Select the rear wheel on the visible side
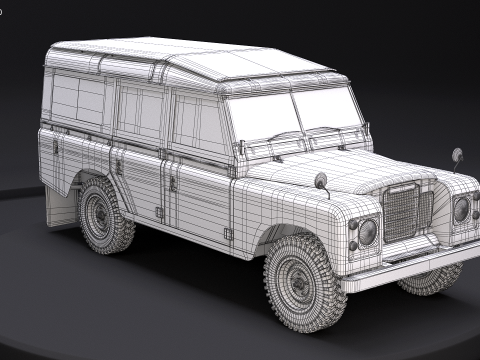[x=105, y=215]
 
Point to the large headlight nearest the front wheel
[x=367, y=232]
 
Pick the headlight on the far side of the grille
[x=461, y=209]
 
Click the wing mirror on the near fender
[x=322, y=181]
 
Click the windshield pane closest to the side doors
[x=262, y=118]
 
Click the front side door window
[x=199, y=124]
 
